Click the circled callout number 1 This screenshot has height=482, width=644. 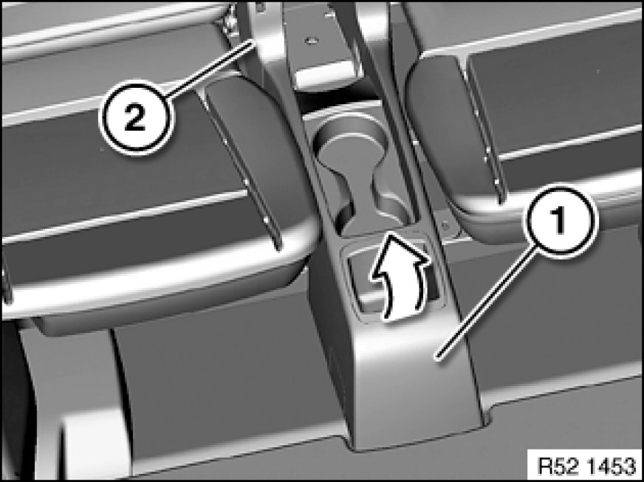[558, 221]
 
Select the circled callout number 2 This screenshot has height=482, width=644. [134, 117]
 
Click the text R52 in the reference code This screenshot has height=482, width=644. [555, 466]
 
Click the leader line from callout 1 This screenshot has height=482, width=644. [487, 303]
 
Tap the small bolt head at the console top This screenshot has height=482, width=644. [312, 41]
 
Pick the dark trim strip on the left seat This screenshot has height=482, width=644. [242, 164]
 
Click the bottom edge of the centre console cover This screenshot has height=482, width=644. [419, 439]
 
